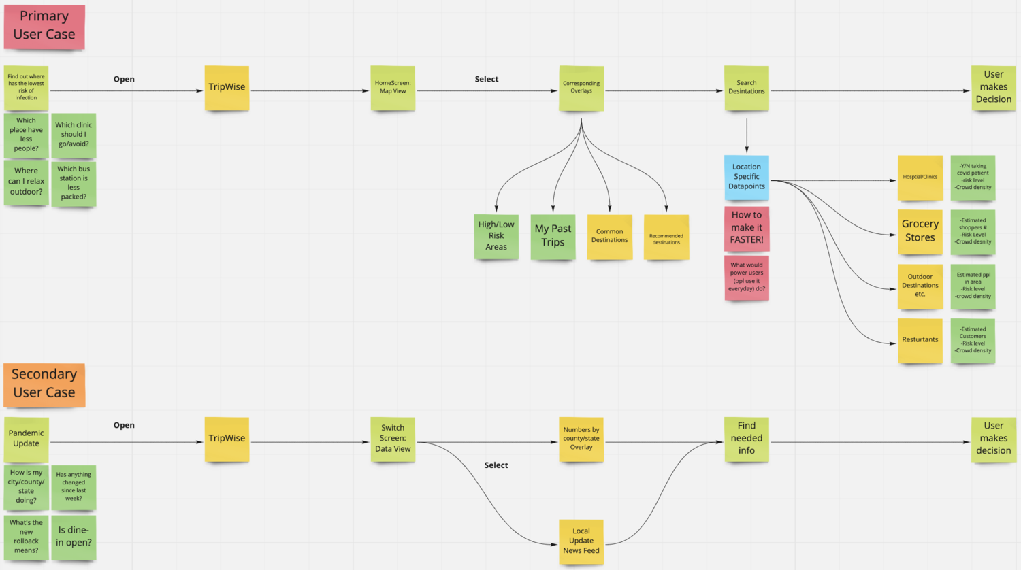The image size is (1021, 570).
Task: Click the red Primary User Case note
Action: pos(44,26)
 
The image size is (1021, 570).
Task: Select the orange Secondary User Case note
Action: pos(44,384)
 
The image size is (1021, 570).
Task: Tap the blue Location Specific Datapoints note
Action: pos(747,177)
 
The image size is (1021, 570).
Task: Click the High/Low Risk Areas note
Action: pos(496,235)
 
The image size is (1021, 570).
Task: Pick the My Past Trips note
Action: pos(553,235)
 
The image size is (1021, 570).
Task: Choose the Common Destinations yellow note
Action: pos(609,236)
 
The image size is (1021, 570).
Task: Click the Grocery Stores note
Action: pos(920,231)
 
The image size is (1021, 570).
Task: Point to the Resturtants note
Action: pos(920,340)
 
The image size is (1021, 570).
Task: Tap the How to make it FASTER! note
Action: pos(747,228)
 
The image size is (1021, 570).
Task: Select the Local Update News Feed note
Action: pos(581,541)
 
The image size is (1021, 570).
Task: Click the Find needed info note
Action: pos(747,439)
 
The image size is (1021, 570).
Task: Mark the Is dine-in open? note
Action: pos(74,537)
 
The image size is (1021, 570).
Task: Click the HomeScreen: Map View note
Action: pos(393,88)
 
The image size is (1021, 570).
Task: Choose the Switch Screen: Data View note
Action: pos(393,439)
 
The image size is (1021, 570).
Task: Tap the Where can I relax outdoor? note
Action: pos(26,182)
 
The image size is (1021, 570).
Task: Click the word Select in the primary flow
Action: pos(487,79)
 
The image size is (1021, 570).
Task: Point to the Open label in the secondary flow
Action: pos(124,425)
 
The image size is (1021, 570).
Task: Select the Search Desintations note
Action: pos(747,88)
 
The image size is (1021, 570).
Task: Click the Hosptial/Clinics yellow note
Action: pos(920,177)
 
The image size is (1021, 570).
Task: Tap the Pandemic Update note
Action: pos(26,439)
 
